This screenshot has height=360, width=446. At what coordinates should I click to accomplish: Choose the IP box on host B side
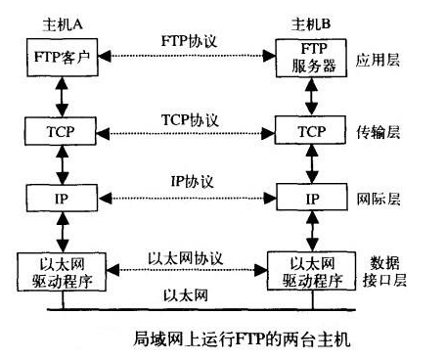(312, 199)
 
